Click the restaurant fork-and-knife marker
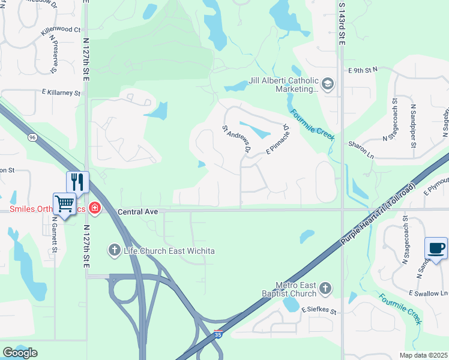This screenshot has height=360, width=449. tap(77, 181)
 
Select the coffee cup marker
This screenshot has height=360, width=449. tap(436, 248)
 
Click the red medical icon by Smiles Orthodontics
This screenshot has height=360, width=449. tap(94, 208)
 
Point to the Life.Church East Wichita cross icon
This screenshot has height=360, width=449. tap(114, 249)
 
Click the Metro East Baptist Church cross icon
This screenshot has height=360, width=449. tap(325, 289)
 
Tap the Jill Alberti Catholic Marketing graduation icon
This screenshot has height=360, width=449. tap(327, 83)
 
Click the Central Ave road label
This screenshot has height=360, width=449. tap(137, 212)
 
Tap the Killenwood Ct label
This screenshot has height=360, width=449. tap(61, 29)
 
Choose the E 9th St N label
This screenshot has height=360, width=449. tap(363, 70)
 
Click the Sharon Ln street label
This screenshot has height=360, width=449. tap(361, 145)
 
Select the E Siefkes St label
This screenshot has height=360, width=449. tap(319, 311)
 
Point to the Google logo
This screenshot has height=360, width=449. tap(20, 353)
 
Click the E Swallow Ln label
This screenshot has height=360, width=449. tap(429, 292)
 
